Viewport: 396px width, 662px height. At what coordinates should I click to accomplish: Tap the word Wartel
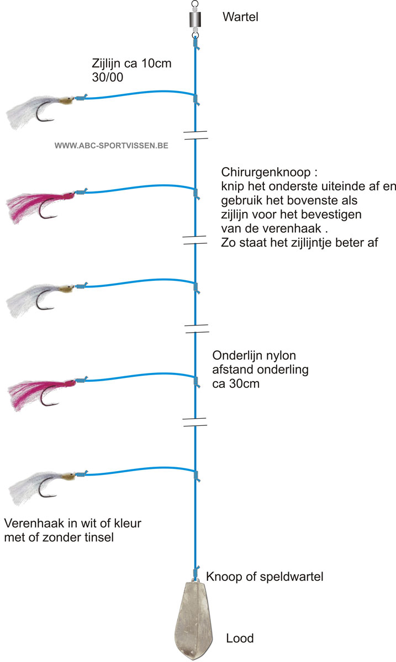[240, 17]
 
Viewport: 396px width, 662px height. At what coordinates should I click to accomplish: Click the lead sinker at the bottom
[194, 620]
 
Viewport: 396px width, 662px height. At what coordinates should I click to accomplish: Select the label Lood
[240, 638]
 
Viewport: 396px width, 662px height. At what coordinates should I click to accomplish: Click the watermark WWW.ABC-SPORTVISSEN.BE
[111, 146]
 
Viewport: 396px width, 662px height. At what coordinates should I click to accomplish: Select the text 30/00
[108, 77]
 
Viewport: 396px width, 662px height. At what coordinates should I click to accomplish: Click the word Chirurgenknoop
[266, 172]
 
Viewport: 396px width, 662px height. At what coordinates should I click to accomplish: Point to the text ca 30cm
[236, 383]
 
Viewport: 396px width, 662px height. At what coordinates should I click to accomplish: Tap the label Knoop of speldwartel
[265, 576]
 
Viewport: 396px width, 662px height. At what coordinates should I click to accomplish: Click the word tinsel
[99, 537]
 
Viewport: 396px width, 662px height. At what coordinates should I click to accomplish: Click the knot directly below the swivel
[196, 44]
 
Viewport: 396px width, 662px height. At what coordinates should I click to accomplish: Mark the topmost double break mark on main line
[196, 135]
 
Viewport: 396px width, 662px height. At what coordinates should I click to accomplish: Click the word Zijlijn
[106, 63]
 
